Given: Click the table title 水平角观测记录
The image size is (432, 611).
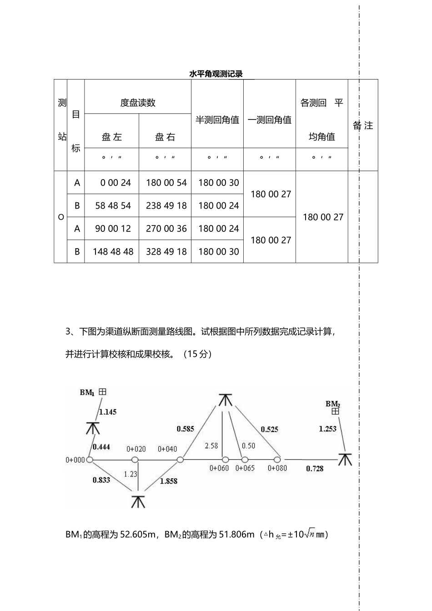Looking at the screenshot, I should (x=216, y=74).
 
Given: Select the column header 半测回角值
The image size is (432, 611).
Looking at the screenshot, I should (x=217, y=120).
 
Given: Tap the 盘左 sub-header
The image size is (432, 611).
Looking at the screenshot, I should (x=112, y=137).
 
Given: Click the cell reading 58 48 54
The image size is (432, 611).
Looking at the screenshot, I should (x=113, y=205).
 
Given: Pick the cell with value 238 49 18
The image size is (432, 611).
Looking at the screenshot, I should (x=166, y=205).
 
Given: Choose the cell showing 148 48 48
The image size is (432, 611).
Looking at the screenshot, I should (x=113, y=251).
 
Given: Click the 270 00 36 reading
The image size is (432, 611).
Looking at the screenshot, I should (x=166, y=229).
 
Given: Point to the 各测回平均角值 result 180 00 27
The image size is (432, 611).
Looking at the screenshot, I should (x=323, y=217).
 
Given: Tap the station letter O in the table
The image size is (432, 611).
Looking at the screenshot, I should (x=61, y=217).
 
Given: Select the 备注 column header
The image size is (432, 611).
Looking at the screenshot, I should (x=363, y=125).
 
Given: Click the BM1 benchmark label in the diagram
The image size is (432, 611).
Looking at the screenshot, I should (x=87, y=392).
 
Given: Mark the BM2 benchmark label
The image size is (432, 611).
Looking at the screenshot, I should (x=333, y=404).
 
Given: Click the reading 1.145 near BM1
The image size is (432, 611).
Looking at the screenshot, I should (x=108, y=412).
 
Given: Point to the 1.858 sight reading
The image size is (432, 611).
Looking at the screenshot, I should (x=169, y=481).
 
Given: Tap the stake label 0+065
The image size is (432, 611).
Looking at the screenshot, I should (x=245, y=468).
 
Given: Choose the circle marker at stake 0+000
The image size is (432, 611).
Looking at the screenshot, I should (x=90, y=460).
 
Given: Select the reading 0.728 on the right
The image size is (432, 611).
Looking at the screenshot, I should (x=315, y=468).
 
